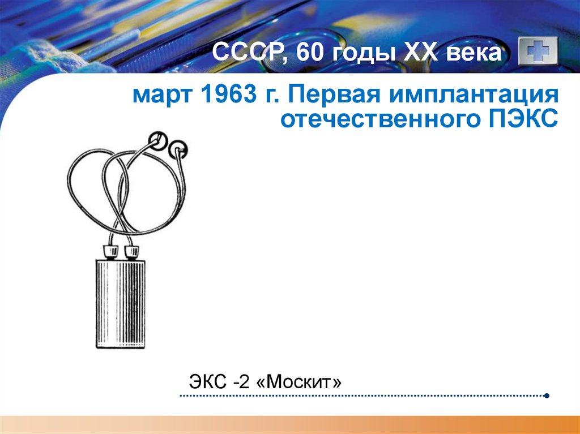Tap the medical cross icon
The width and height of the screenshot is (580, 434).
(x=538, y=54)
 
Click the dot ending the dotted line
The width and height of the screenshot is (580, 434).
(x=546, y=396)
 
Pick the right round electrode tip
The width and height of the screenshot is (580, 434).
(x=179, y=151)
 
